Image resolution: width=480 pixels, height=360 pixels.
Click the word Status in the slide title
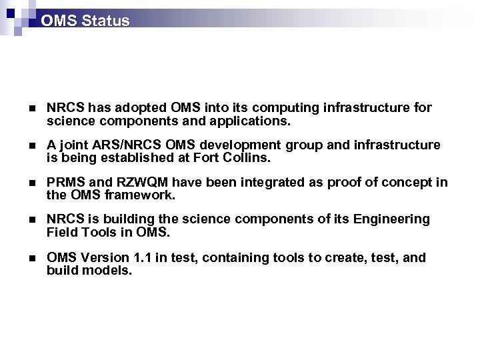tap(105, 21)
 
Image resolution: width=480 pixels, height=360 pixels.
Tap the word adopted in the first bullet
tap(143, 108)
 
